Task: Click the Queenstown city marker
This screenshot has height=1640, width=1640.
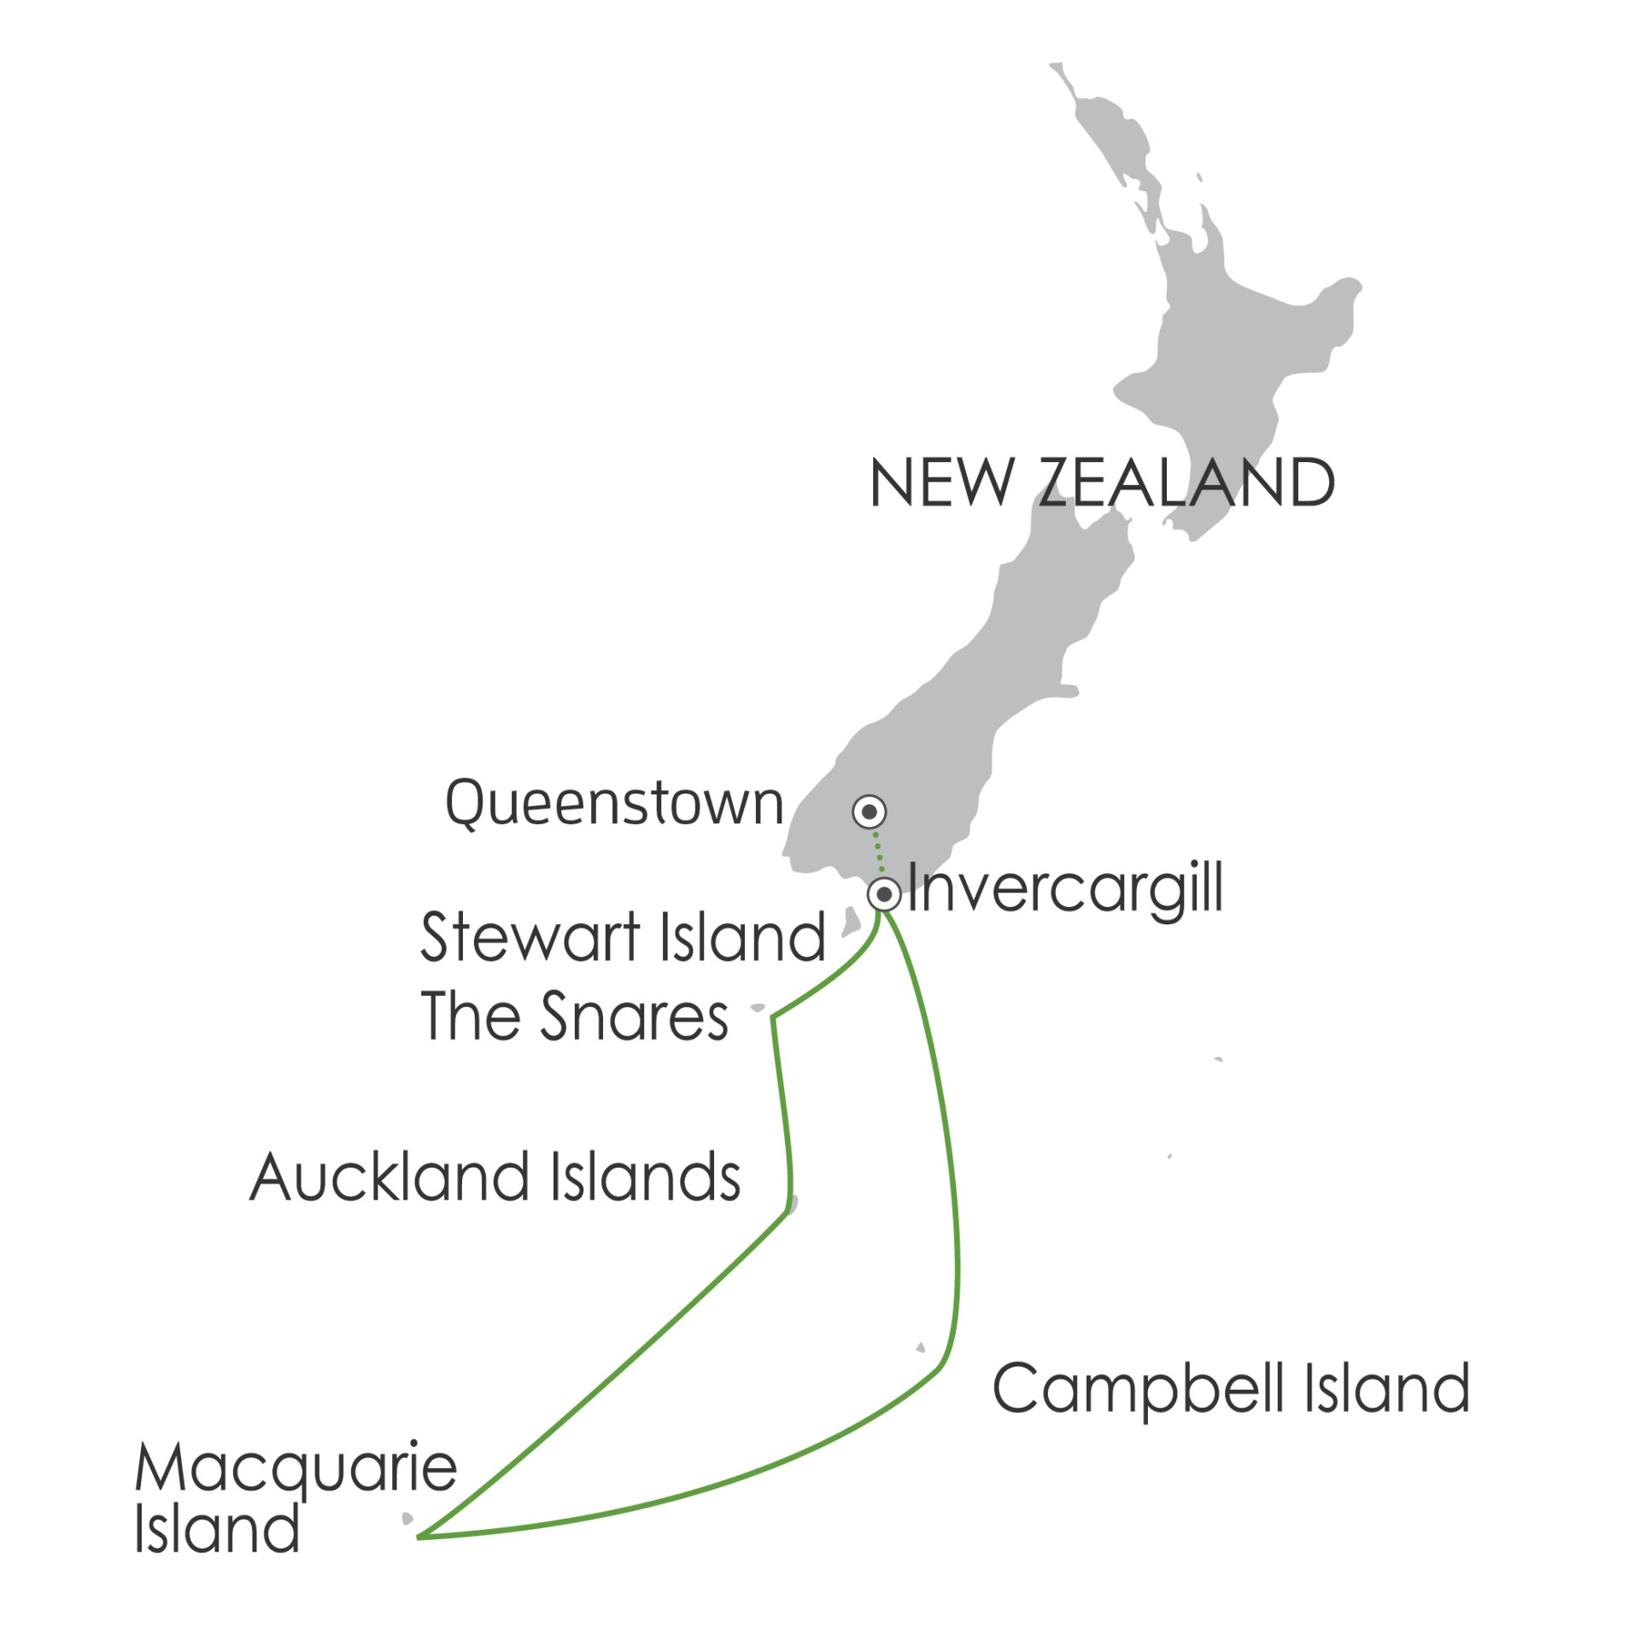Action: click(870, 811)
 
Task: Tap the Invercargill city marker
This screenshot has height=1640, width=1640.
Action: click(884, 895)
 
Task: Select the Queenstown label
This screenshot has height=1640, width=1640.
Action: click(614, 804)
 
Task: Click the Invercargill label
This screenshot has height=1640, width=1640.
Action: click(1065, 890)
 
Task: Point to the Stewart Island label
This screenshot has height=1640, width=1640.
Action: click(623, 937)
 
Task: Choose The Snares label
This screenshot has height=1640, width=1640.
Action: click(574, 1016)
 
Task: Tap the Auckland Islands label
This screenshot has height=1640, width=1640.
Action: click(495, 1177)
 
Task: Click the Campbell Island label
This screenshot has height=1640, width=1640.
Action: click(1231, 1390)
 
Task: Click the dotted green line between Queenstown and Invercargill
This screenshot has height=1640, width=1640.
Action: click(877, 852)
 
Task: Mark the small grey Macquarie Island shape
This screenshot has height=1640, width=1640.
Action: click(407, 1520)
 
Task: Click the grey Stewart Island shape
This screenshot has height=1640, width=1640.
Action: click(851, 921)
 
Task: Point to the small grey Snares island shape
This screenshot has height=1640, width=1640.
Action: click(758, 1009)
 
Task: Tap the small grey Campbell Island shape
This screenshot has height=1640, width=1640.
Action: click(920, 1349)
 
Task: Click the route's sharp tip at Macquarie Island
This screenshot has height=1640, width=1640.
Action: click(419, 1537)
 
